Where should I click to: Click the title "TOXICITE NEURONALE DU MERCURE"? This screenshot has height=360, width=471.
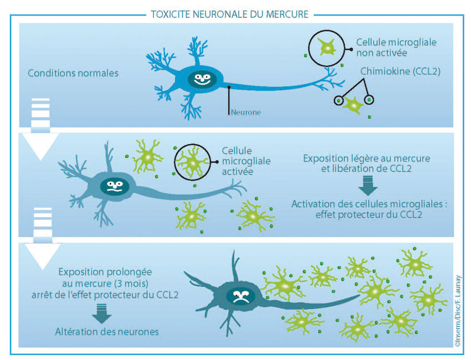(x=229, y=13)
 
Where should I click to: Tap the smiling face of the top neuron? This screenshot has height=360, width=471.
(x=199, y=79)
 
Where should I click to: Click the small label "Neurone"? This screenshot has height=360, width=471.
(x=246, y=112)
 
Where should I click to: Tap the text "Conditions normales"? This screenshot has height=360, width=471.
(x=73, y=73)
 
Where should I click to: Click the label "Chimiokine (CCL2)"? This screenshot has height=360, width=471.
(x=400, y=71)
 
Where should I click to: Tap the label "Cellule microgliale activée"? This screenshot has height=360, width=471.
(x=239, y=161)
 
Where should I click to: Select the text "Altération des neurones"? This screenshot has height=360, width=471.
(x=107, y=332)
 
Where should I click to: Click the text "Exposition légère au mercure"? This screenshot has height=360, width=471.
(x=366, y=158)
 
